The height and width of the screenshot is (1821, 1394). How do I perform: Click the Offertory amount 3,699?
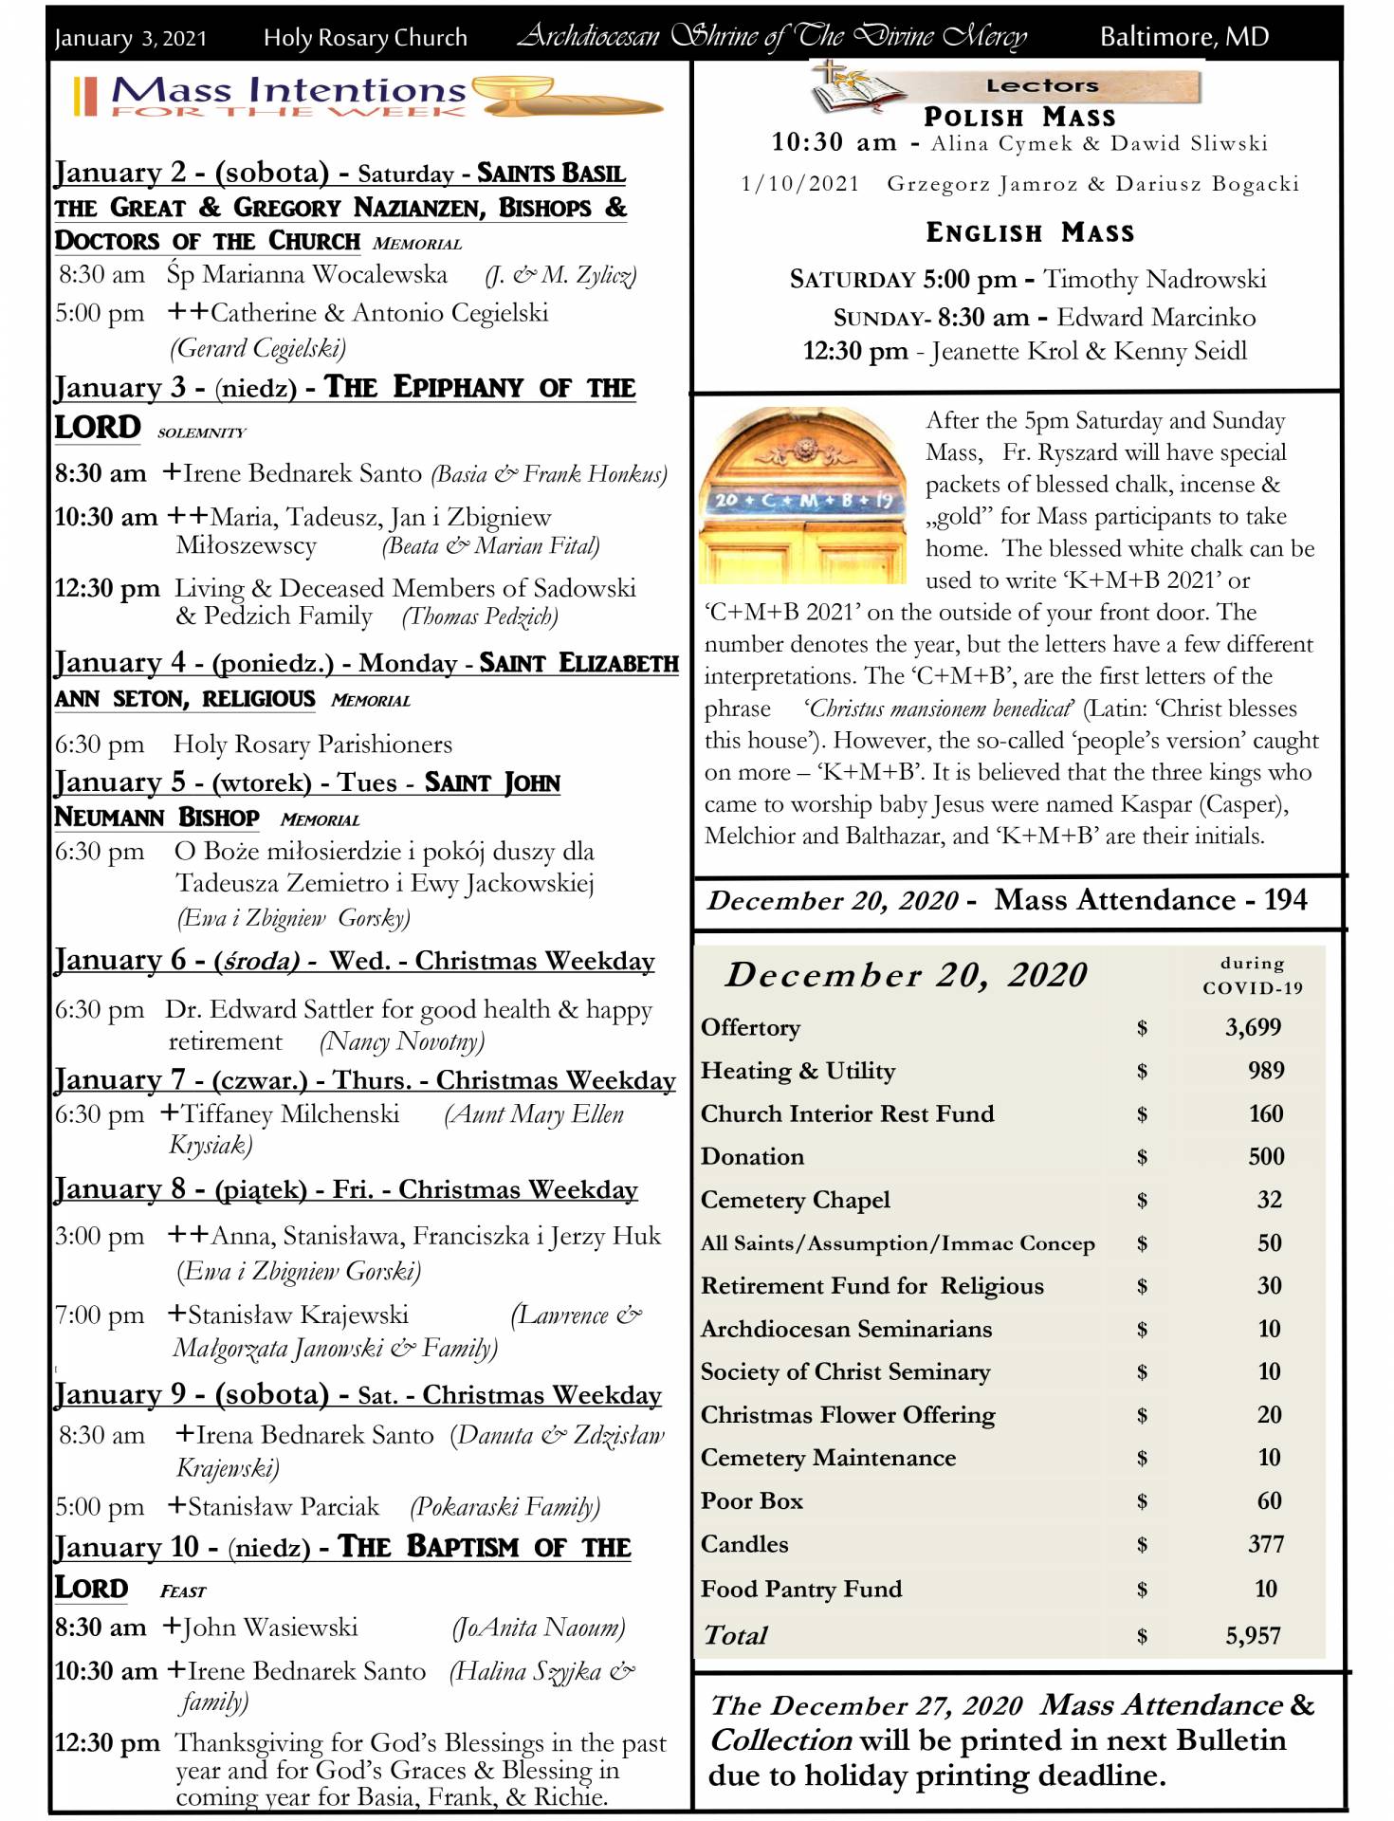[x=1253, y=1027]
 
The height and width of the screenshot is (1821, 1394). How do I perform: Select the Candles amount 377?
[x=1266, y=1544]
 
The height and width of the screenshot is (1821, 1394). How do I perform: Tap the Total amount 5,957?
[x=1253, y=1635]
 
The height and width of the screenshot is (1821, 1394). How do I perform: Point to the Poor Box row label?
[x=752, y=1500]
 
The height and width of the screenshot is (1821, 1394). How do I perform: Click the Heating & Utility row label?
[x=798, y=1071]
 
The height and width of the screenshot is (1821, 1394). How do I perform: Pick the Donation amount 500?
[x=1266, y=1156]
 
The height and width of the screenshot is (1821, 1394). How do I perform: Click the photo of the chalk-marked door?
[x=803, y=495]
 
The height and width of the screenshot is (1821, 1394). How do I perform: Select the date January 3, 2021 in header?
[x=130, y=38]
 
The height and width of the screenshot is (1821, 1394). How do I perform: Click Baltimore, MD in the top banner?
[x=1183, y=37]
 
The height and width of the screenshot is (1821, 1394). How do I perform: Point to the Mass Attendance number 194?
[x=1285, y=899]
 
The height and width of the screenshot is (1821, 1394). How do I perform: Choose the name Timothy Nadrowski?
[x=1154, y=279]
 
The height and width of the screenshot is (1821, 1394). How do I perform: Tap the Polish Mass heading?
[x=1019, y=117]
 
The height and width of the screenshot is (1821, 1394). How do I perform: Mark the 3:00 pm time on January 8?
[x=100, y=1236]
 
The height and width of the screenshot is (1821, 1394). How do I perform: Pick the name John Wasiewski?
[x=270, y=1628]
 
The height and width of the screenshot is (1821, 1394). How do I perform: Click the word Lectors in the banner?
[x=1042, y=85]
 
